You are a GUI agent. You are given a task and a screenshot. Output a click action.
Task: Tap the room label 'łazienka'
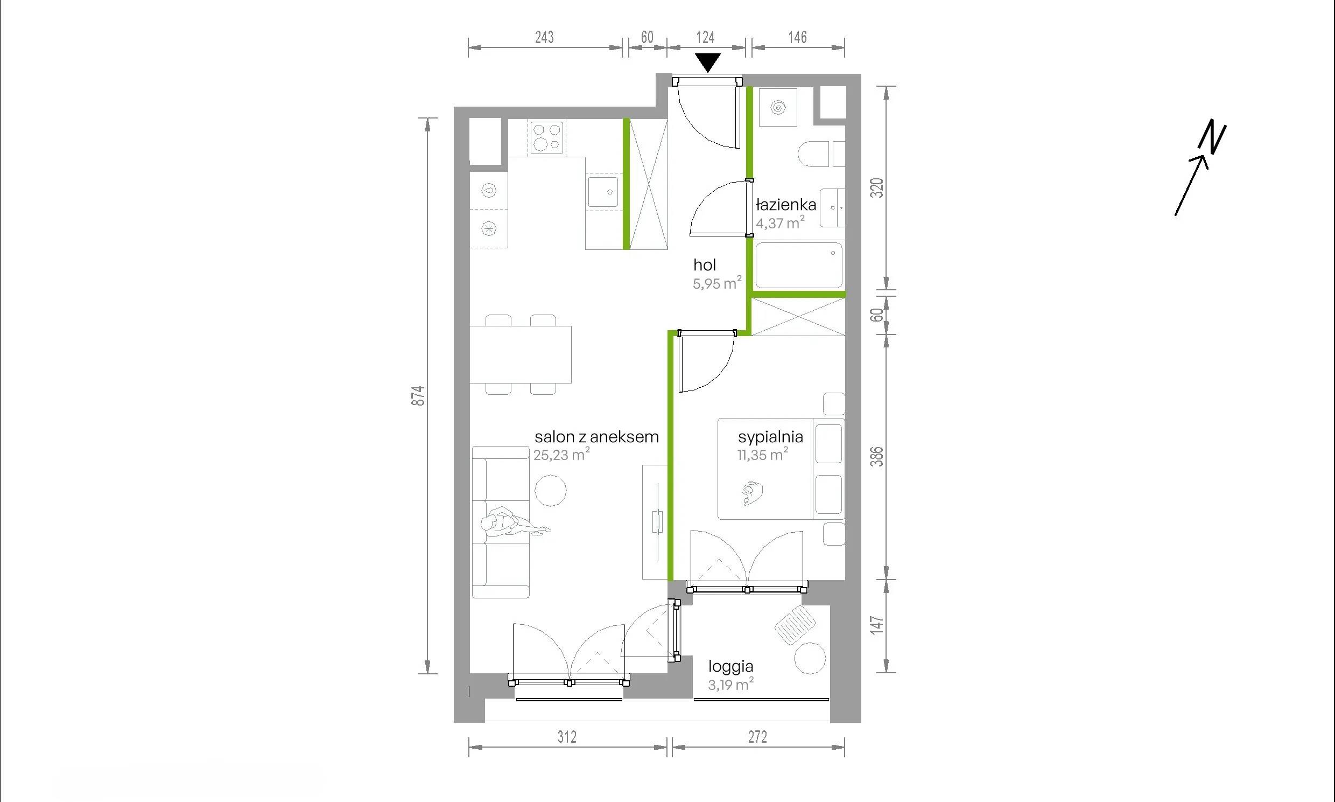786,205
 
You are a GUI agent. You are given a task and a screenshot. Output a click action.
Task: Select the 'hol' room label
705,265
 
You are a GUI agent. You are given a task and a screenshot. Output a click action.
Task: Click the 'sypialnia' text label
771,437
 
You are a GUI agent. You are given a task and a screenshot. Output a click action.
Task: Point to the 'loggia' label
730,667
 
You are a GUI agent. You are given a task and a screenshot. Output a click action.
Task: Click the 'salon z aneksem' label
597,437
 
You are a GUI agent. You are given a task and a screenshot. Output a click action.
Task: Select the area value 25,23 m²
561,455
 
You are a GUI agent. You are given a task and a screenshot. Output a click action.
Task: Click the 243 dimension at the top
544,37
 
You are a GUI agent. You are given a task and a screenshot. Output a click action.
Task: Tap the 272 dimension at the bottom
758,737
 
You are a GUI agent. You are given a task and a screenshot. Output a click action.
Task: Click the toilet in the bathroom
813,155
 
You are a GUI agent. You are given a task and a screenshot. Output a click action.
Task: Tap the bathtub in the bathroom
799,266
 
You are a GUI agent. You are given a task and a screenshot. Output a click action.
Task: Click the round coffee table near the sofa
551,491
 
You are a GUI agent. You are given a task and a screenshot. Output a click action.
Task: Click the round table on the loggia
810,658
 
